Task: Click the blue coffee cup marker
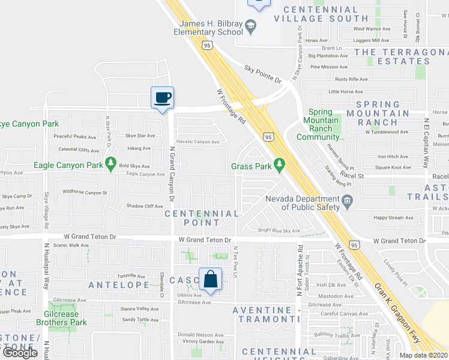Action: pos(162,97)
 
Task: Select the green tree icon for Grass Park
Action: pos(279,163)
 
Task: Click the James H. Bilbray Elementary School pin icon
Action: pos(251,26)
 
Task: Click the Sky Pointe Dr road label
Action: pos(263,74)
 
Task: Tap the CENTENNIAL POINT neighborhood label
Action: pos(202,218)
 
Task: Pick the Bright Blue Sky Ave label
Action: pos(279,230)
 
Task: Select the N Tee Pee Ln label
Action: pos(236,262)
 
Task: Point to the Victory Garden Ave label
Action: pos(203,342)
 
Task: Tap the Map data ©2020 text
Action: pos(423,355)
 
